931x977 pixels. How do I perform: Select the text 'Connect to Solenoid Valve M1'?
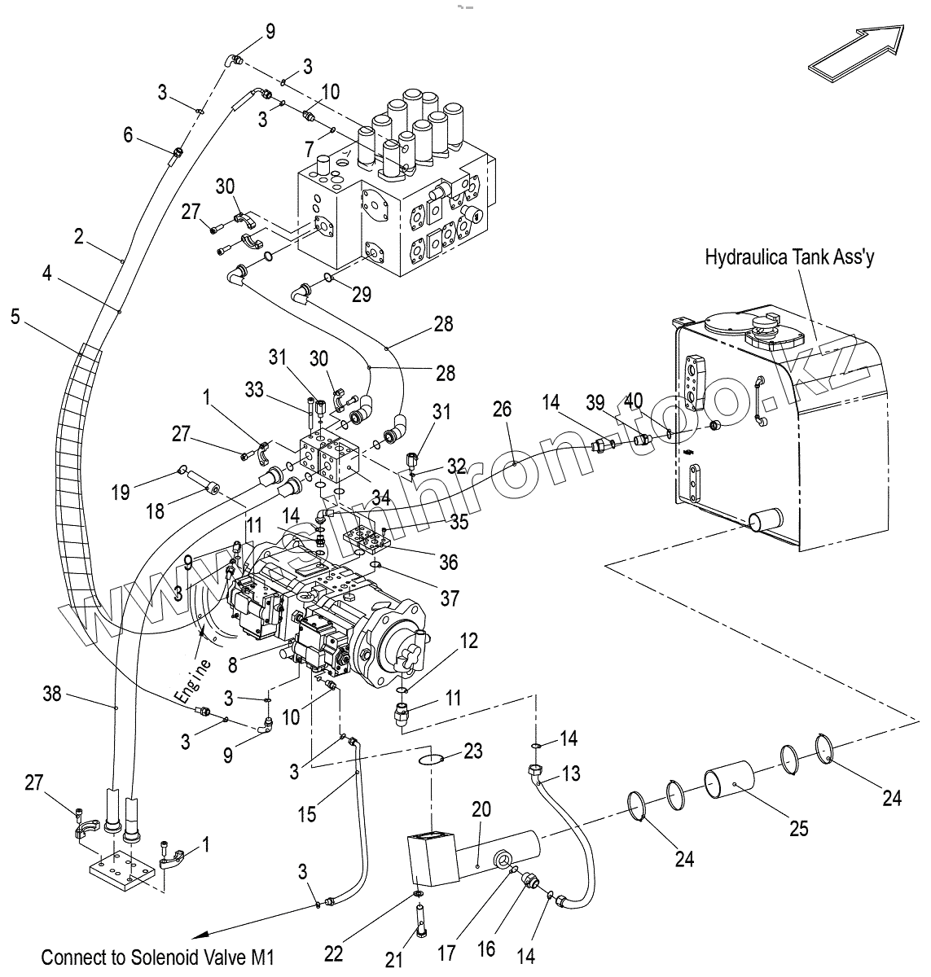coord(158,956)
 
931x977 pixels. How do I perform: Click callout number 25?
coord(798,828)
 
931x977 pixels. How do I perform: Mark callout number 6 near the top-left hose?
coord(128,135)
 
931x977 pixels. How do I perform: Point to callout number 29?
coord(362,294)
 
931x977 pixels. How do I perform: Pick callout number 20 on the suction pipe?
coord(481,809)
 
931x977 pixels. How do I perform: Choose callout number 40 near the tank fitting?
coord(633,402)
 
